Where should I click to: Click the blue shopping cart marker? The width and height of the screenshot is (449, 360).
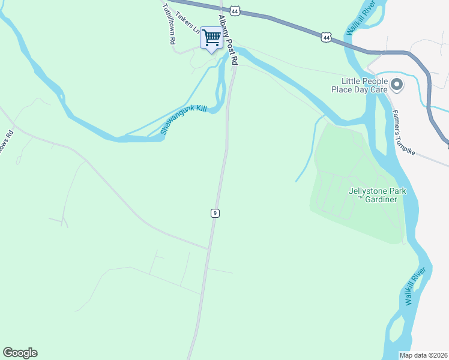click(211, 38)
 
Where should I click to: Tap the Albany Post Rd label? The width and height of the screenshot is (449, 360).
click(228, 40)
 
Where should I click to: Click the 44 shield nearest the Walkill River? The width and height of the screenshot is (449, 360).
click(326, 37)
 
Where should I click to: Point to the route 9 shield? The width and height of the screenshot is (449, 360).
click(214, 213)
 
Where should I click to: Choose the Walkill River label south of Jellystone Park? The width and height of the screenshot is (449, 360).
click(415, 287)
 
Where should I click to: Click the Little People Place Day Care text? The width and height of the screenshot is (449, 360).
click(360, 85)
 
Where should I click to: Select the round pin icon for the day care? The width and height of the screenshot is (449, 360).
click(396, 85)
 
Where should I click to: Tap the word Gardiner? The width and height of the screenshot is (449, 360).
click(381, 199)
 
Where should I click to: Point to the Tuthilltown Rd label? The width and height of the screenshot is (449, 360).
click(169, 25)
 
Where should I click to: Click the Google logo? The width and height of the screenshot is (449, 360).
click(20, 353)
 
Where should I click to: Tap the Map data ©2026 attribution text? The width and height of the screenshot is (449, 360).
click(424, 355)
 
